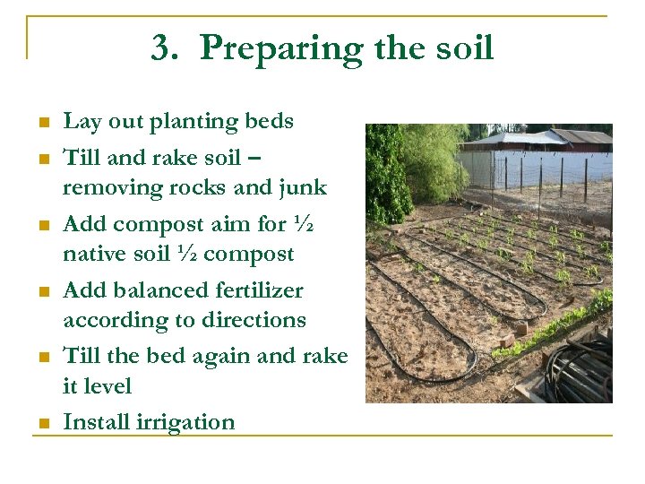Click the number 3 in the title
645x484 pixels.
tap(163, 48)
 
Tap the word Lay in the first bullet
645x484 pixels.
tap(81, 122)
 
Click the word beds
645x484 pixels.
tap(267, 122)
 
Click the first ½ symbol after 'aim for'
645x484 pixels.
tap(303, 223)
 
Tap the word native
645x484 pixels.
tap(93, 255)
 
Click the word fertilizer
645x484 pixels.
tap(262, 290)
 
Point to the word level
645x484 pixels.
tap(107, 387)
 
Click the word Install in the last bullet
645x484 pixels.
tap(94, 422)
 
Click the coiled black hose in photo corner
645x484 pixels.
tap(580, 369)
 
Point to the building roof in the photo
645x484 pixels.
tap(537, 140)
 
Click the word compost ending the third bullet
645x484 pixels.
tap(251, 255)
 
